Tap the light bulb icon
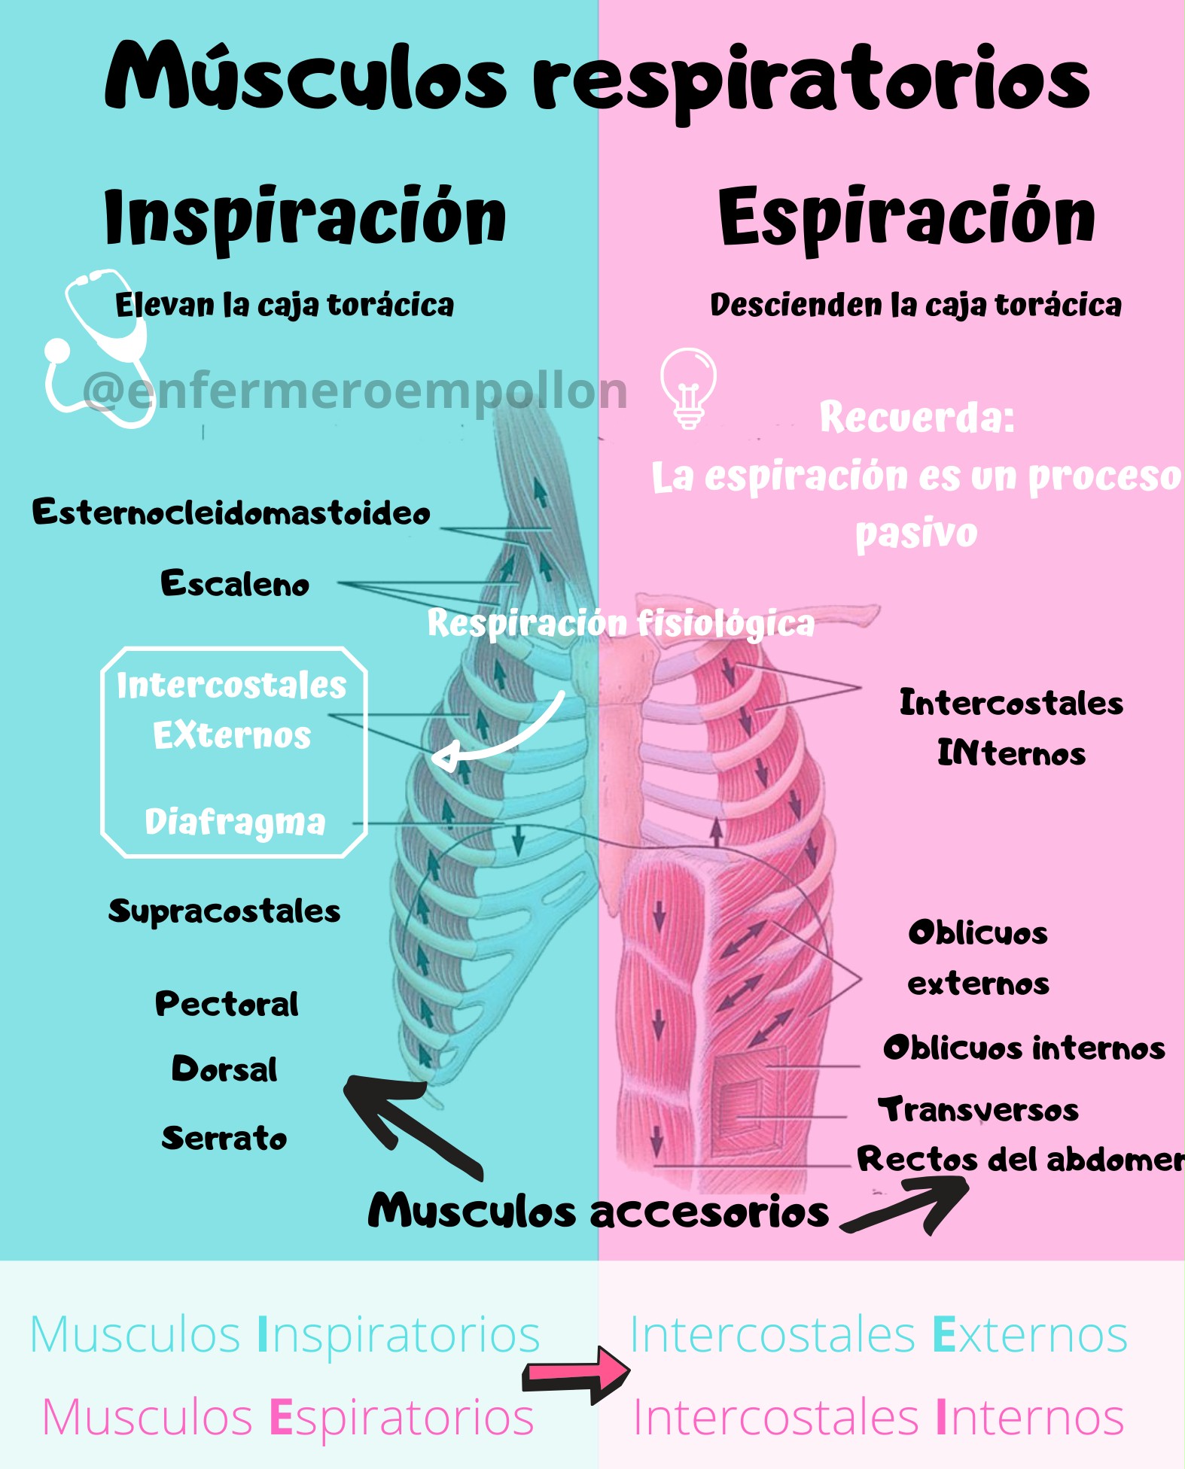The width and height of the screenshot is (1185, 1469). (688, 387)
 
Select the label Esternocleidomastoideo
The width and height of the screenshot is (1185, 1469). (231, 512)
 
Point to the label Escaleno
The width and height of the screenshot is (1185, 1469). (235, 584)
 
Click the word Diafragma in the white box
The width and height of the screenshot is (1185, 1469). (235, 822)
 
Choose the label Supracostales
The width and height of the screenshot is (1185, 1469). (224, 911)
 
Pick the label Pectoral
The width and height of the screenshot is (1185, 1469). (227, 1004)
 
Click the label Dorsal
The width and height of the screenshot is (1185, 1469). (224, 1069)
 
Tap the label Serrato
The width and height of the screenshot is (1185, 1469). (224, 1138)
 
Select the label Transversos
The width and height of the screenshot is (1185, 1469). (978, 1110)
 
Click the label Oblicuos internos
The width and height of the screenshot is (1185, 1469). (1024, 1048)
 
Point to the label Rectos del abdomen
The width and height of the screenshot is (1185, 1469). (1020, 1160)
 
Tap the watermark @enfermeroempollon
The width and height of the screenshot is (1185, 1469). (355, 391)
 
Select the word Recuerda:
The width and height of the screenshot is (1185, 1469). (917, 417)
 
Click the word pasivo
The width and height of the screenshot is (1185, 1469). (916, 534)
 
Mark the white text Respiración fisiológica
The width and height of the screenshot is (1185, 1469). (620, 623)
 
